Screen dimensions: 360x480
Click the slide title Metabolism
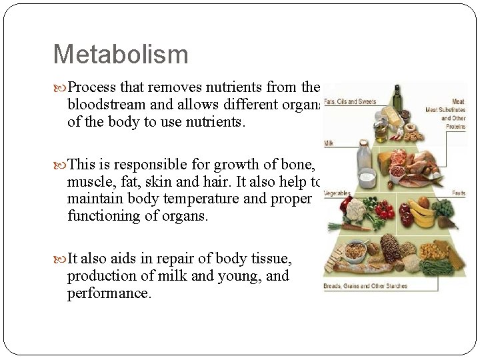coord(121,54)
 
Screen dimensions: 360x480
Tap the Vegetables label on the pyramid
coord(337,193)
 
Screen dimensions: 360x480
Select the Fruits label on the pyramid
coord(459,193)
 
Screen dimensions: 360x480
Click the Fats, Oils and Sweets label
coord(350,102)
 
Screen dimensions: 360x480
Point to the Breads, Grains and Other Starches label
coord(365,286)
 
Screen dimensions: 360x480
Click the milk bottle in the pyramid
coord(364,157)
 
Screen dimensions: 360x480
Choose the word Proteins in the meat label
coord(456,125)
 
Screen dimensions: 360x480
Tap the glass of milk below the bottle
coord(367,179)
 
